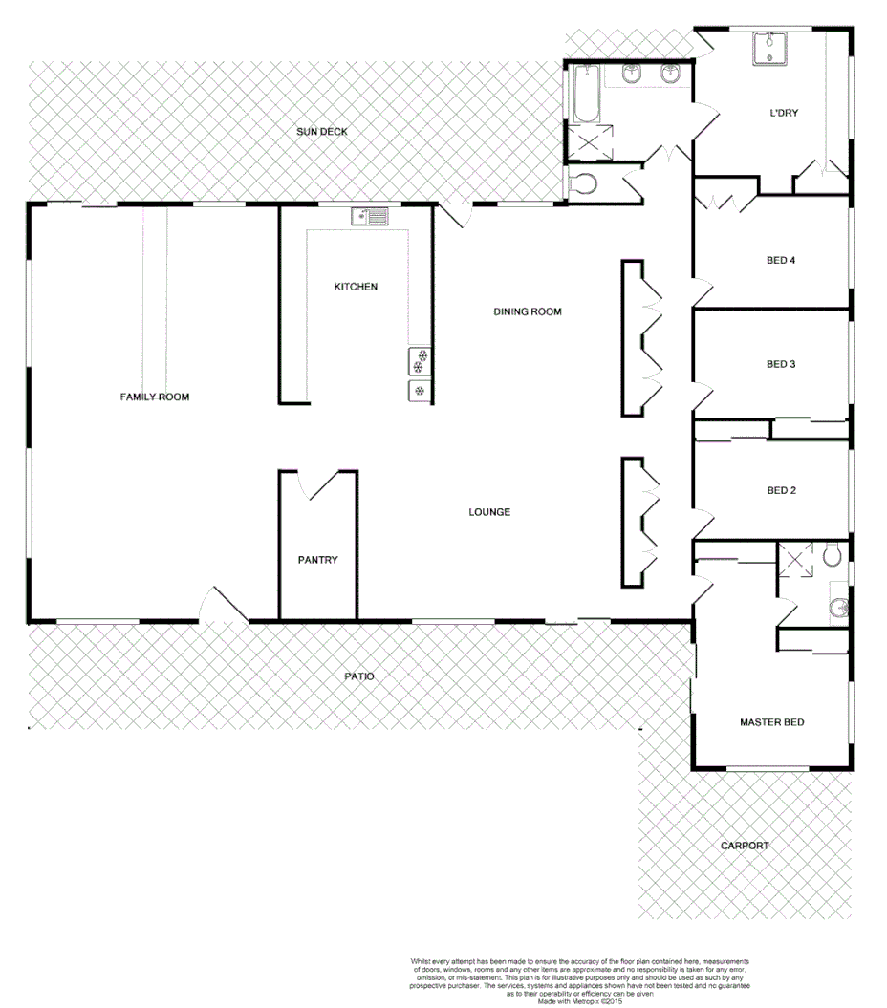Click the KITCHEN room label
[x=356, y=287]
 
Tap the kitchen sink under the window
[x=369, y=217]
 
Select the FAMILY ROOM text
[x=154, y=397]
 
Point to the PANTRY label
[x=317, y=561]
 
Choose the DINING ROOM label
[x=527, y=311]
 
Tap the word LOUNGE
[x=489, y=512]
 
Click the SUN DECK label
[x=320, y=132]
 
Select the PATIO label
[x=359, y=676]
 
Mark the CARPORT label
[x=746, y=846]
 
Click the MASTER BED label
[x=771, y=722]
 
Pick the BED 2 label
[x=781, y=491]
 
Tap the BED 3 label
[x=781, y=364]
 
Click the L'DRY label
[x=784, y=113]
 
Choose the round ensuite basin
[x=838, y=606]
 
